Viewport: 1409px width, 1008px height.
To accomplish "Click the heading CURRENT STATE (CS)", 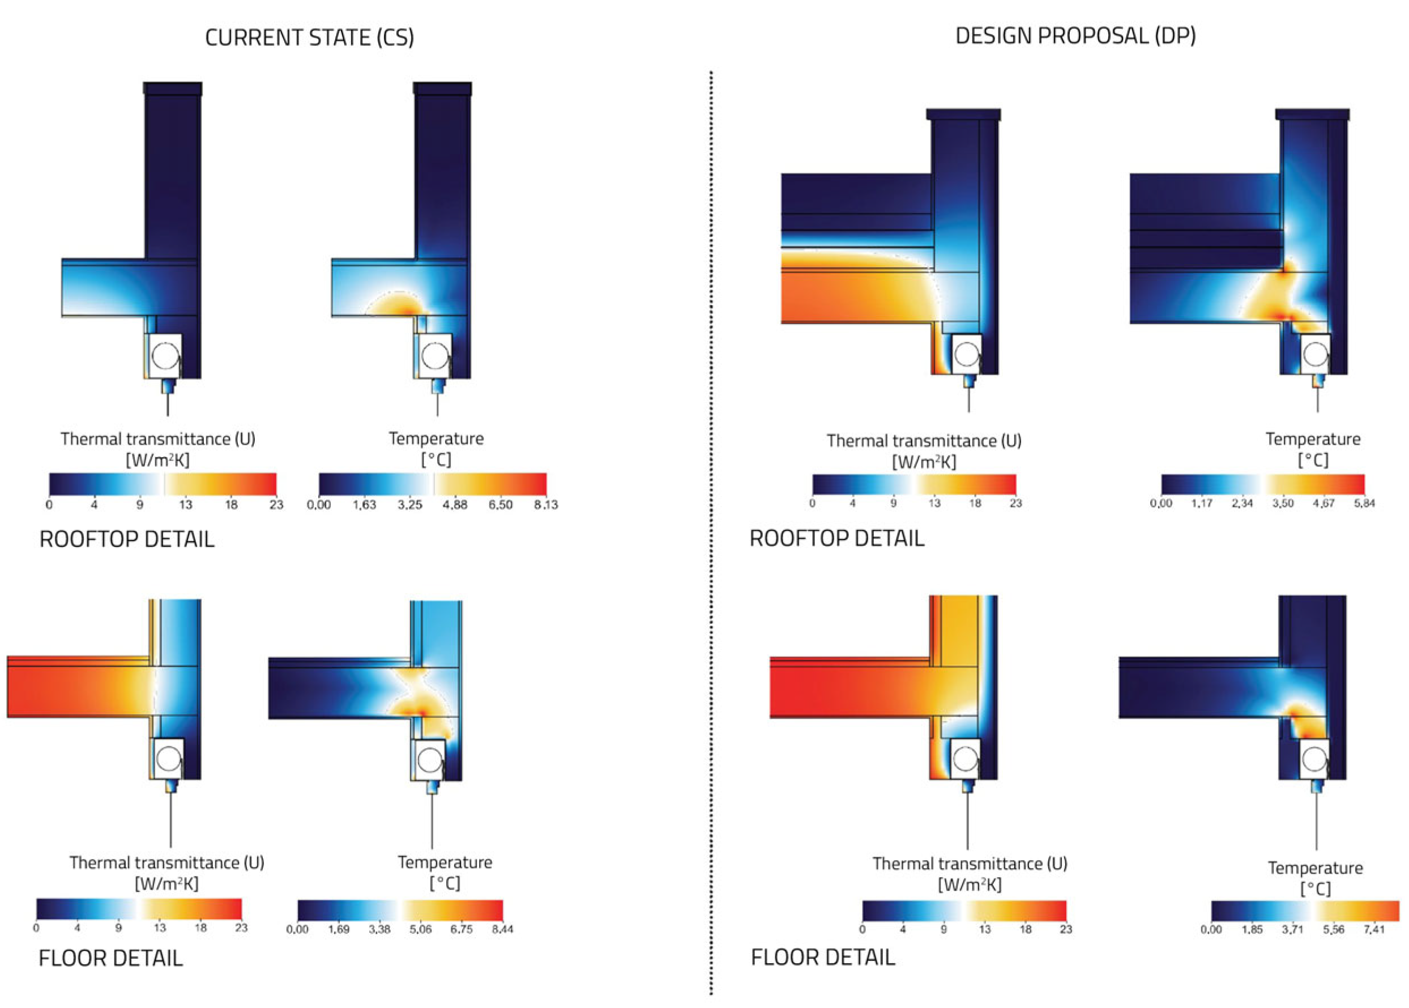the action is point(309,38).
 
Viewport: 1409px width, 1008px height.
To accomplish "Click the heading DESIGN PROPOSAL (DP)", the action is point(1075,36).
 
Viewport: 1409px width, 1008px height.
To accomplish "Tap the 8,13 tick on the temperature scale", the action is point(546,505).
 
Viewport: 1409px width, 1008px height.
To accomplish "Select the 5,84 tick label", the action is point(1364,503).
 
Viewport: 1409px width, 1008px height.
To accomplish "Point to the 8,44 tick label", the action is point(502,929).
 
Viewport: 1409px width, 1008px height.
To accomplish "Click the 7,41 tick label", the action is point(1374,929).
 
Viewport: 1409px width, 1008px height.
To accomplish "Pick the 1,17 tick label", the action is point(1201,503).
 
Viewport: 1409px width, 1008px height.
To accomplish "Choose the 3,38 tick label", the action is point(379,929).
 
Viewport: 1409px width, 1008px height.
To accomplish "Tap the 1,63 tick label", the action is point(364,505).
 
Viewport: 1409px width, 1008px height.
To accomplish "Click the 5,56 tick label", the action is point(1333,929).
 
